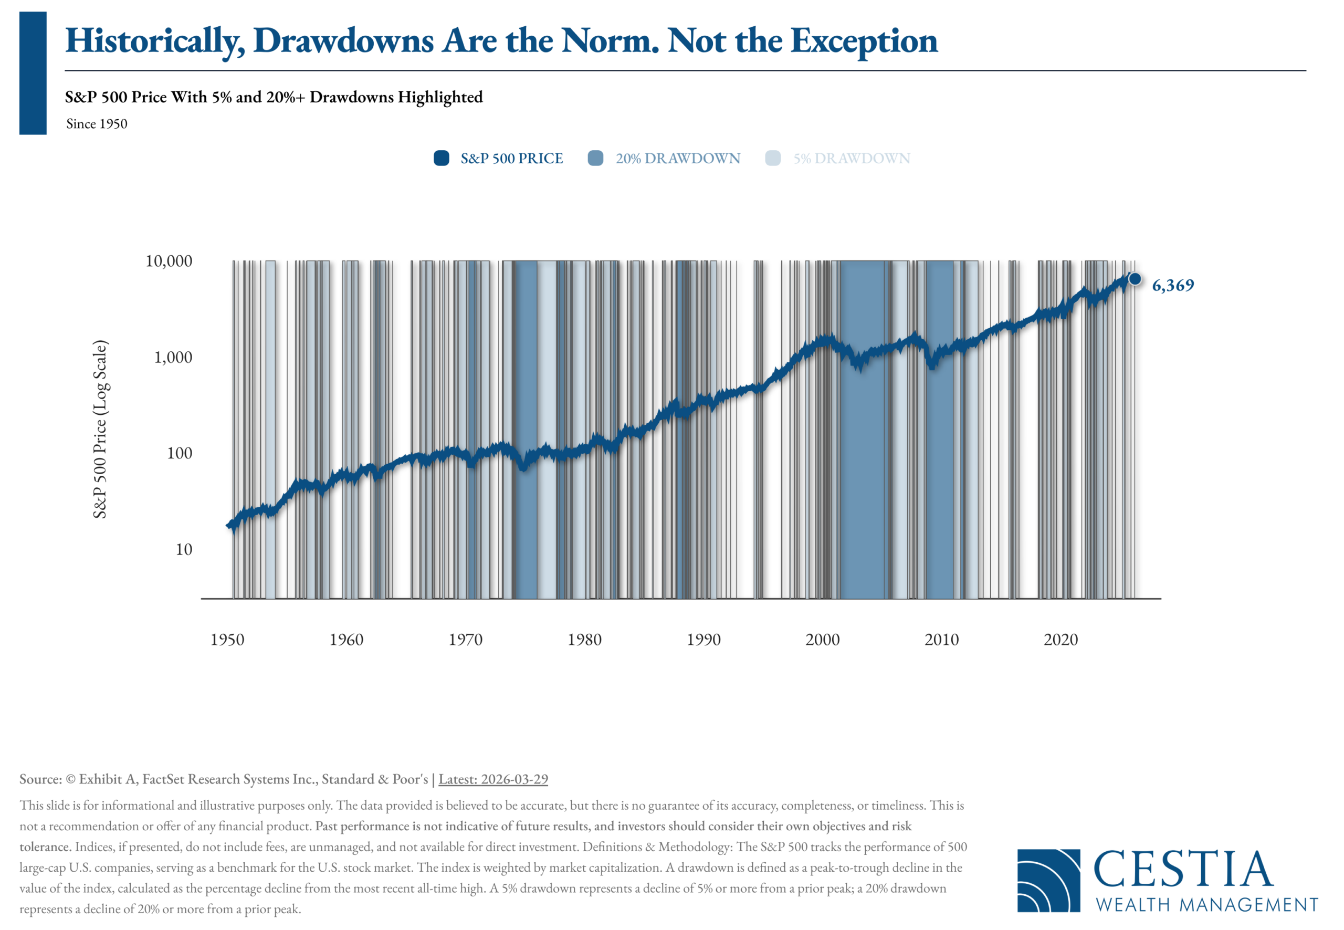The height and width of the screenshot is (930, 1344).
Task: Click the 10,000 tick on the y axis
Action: coord(169,261)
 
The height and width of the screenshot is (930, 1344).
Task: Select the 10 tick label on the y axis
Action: coord(184,549)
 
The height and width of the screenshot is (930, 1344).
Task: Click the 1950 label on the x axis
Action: coord(227,640)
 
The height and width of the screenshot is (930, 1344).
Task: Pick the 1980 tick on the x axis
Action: coord(584,640)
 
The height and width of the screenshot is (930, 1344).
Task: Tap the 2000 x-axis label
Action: coord(823,640)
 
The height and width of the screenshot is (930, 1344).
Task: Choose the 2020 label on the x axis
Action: coord(1061,640)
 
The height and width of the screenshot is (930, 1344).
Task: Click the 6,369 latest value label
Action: coord(1173,286)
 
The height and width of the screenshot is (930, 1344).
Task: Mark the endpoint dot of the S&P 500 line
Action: coord(1135,279)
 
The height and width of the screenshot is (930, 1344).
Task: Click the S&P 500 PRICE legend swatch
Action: coord(442,159)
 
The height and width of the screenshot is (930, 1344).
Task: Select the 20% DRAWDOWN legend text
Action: coord(678,159)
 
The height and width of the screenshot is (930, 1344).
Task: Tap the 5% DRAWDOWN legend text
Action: coord(852,159)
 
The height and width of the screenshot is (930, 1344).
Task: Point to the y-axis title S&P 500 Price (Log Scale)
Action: coord(100,430)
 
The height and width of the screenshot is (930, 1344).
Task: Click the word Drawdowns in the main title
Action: coord(344,41)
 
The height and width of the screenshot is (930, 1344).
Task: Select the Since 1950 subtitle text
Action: coord(97,124)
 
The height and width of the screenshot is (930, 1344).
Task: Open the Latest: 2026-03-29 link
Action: coord(493,780)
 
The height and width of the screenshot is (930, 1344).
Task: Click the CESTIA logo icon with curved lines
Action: coord(1048,881)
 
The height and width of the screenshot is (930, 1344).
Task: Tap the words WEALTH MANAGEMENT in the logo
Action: coord(1207,905)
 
